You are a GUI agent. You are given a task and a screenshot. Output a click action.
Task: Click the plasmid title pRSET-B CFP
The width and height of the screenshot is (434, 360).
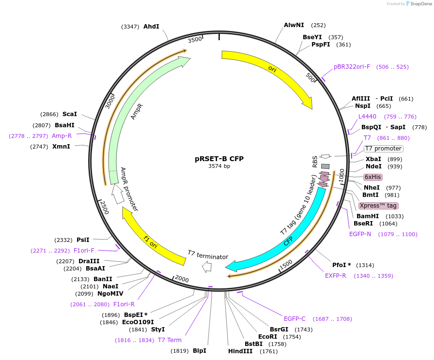219,158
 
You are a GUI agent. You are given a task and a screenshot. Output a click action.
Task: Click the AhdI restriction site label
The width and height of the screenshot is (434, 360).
151,27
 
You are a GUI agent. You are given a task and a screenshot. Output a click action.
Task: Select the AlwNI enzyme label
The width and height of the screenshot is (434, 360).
294,25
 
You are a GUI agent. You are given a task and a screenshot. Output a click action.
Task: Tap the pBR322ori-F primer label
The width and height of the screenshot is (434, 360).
352,67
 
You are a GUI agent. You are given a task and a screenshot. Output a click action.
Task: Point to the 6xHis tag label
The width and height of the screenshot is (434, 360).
373,177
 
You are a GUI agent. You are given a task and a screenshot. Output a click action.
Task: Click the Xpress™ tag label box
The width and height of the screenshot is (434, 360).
378,206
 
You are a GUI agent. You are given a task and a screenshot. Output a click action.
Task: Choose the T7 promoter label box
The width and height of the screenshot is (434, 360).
383,149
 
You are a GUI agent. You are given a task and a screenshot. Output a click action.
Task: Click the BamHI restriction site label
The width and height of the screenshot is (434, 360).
368,216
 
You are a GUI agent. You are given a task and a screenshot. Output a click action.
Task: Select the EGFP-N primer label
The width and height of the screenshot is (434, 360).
360,234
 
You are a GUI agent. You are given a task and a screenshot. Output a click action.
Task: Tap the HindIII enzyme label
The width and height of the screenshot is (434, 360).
240,351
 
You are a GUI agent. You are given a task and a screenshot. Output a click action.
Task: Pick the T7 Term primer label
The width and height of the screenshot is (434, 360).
170,340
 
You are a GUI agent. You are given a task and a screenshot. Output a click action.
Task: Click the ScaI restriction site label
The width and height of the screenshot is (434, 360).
70,114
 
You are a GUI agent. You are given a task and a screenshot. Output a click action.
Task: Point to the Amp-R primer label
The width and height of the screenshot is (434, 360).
62,136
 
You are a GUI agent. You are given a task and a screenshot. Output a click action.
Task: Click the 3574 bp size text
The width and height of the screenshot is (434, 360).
219,166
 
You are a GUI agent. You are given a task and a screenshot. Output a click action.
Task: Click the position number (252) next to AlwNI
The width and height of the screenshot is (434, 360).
318,26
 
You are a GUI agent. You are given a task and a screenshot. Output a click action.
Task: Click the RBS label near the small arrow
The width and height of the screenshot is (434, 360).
315,161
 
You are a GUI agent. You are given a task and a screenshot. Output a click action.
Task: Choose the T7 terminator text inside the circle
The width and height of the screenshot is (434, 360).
208,255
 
